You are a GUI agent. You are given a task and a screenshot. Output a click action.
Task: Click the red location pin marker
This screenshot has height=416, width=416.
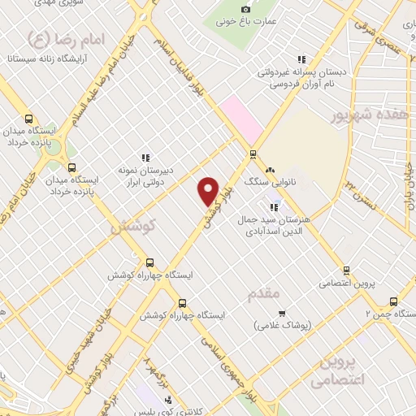click(209, 191)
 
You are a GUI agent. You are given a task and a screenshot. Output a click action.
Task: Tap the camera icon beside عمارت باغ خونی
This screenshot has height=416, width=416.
click(246, 8)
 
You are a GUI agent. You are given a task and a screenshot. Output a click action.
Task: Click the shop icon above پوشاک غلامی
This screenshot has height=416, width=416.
click(281, 314)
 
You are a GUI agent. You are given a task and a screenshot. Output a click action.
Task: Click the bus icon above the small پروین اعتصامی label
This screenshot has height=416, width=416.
click(346, 271)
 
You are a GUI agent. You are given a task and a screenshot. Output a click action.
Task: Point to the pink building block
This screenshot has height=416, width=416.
click(241, 118)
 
